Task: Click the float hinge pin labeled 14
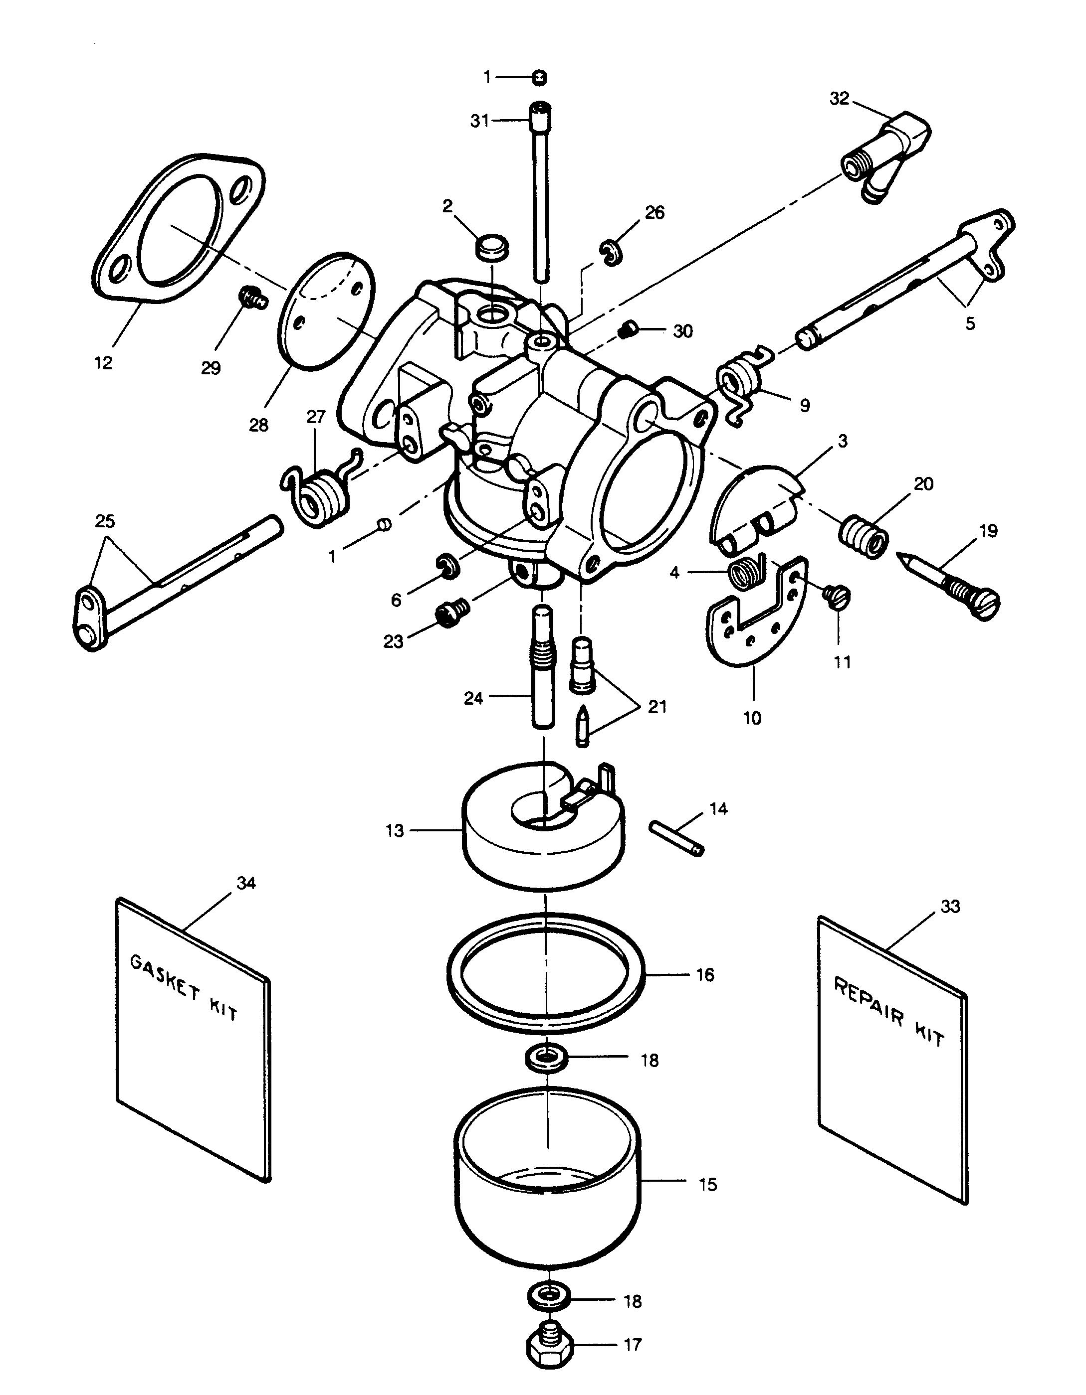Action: coord(677,838)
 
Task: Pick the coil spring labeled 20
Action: coord(863,538)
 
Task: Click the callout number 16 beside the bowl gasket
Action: coord(704,975)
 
